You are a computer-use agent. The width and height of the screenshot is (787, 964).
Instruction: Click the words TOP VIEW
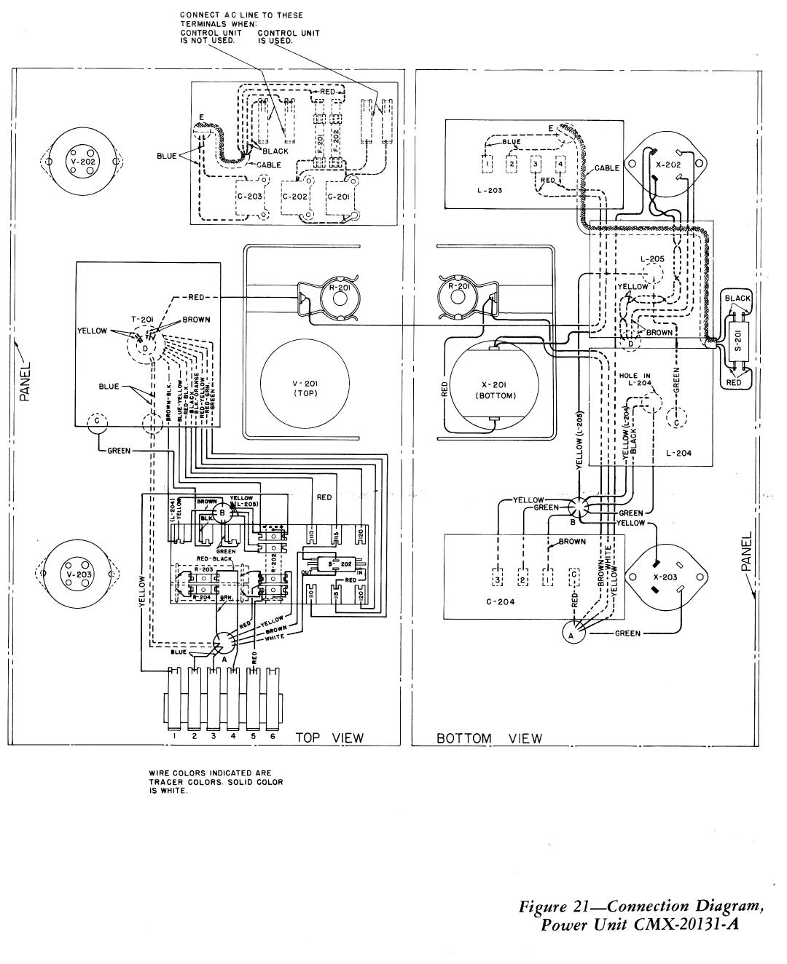329,738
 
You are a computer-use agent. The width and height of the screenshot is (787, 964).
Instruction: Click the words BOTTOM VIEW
489,738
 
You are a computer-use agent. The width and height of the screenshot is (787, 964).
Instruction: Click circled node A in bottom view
572,634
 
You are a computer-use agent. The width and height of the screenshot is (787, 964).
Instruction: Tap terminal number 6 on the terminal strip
272,737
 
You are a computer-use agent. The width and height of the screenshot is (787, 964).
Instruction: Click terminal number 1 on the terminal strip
176,737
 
